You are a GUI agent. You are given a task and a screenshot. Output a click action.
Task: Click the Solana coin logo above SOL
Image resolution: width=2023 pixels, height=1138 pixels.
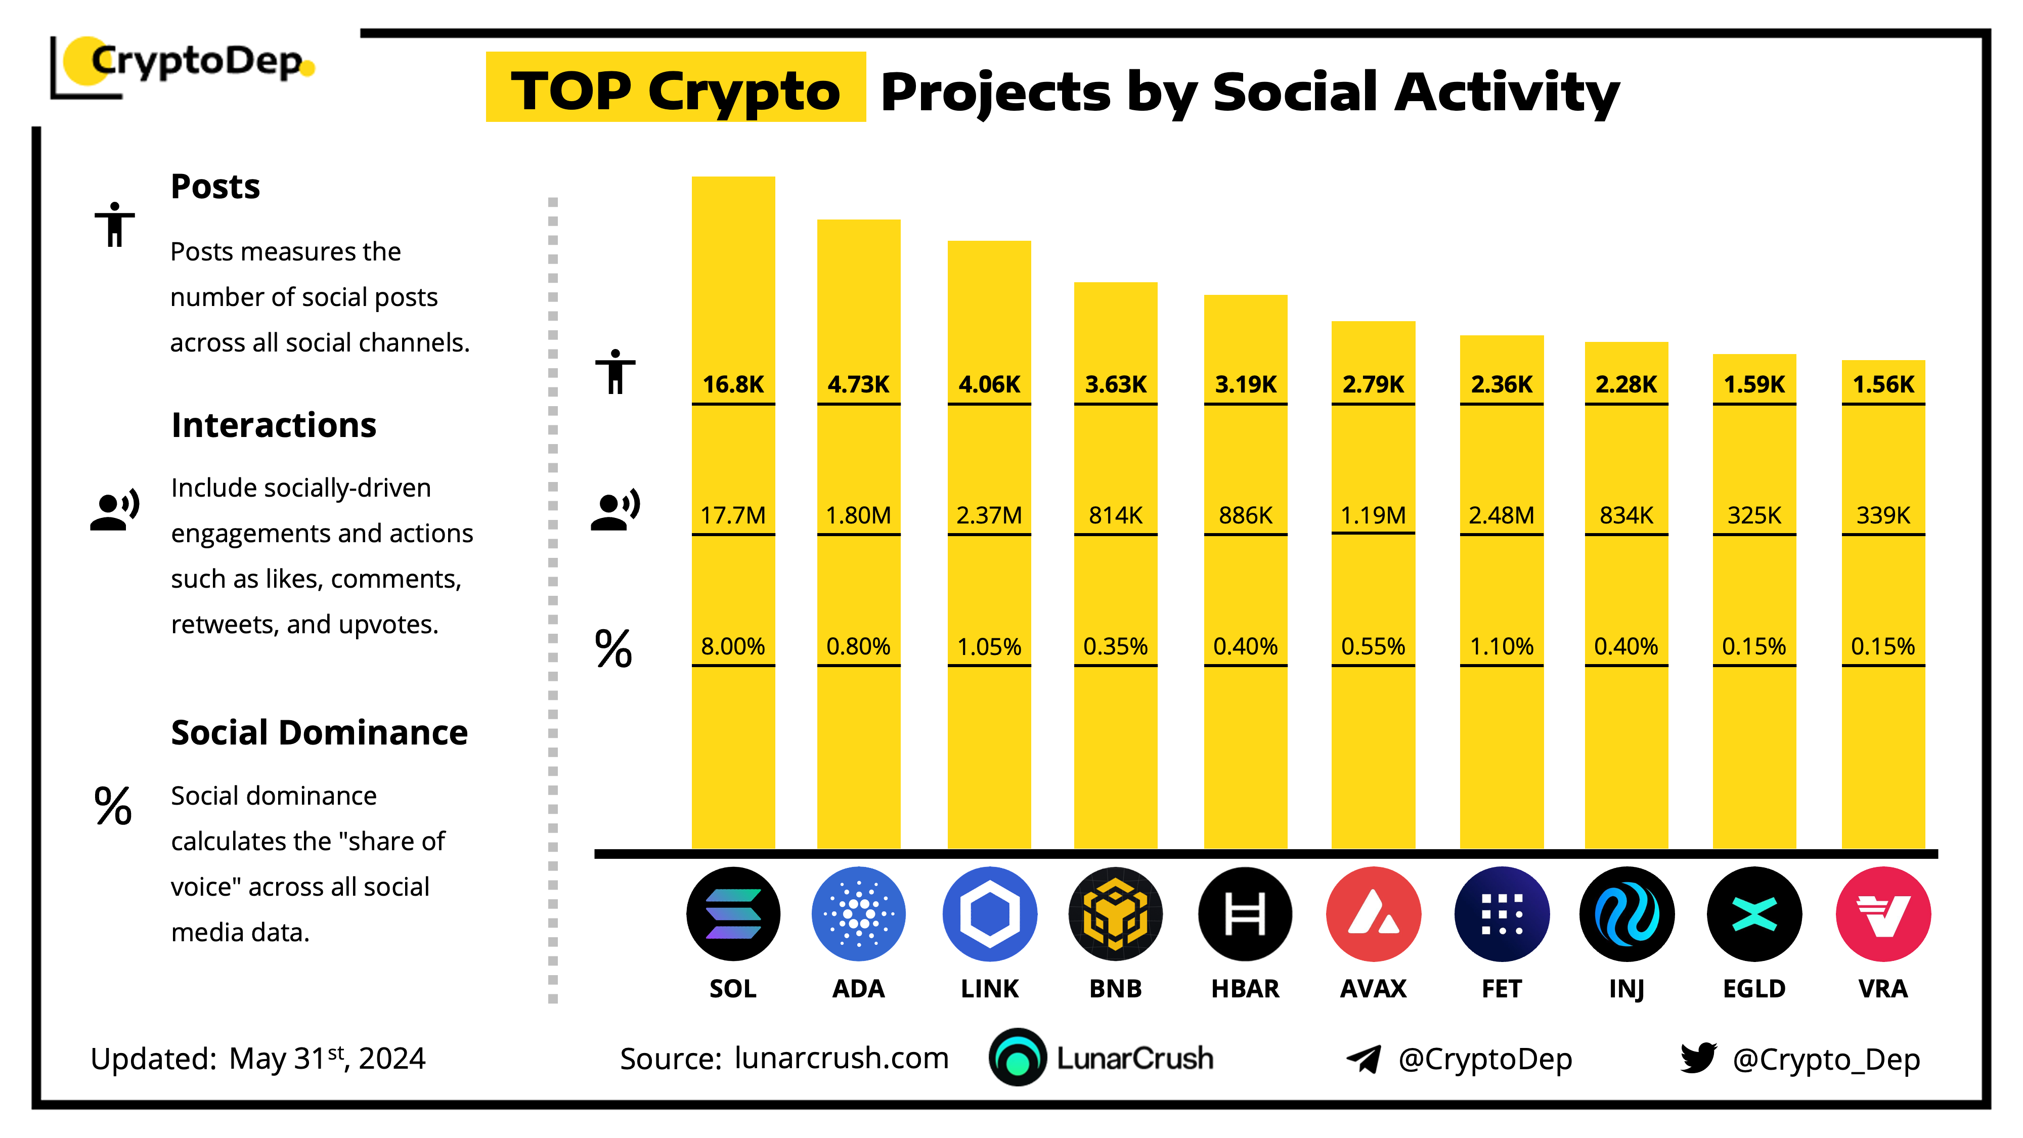(733, 913)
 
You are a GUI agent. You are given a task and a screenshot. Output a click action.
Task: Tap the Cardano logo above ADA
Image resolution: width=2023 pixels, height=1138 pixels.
(858, 913)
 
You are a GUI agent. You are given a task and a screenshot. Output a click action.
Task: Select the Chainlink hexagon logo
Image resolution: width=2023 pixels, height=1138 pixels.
(990, 913)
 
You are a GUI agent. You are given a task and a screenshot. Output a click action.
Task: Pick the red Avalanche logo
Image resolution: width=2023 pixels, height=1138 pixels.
(1373, 913)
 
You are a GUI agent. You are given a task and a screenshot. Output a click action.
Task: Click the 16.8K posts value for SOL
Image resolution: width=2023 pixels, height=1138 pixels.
(733, 384)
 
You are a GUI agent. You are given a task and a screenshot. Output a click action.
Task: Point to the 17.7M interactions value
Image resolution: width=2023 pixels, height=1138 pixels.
(733, 515)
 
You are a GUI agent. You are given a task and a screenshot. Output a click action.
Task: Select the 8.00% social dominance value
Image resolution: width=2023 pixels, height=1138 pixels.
(733, 646)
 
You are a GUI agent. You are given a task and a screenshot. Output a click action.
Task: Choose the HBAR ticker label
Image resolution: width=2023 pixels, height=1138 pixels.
(1245, 988)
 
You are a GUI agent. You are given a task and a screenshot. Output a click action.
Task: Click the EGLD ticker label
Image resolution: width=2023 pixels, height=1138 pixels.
(1753, 988)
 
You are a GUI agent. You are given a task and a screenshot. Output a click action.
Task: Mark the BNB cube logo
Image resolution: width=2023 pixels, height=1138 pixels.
(1115, 913)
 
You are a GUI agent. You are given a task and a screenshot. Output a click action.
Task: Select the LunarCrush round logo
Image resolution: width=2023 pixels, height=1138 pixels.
(1018, 1057)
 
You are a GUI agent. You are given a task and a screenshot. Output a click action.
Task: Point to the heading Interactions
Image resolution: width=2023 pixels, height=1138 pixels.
(273, 425)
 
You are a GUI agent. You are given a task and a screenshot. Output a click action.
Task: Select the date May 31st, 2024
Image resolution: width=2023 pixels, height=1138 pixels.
(327, 1058)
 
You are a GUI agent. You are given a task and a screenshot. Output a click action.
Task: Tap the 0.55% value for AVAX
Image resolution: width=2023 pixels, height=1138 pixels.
(1373, 646)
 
